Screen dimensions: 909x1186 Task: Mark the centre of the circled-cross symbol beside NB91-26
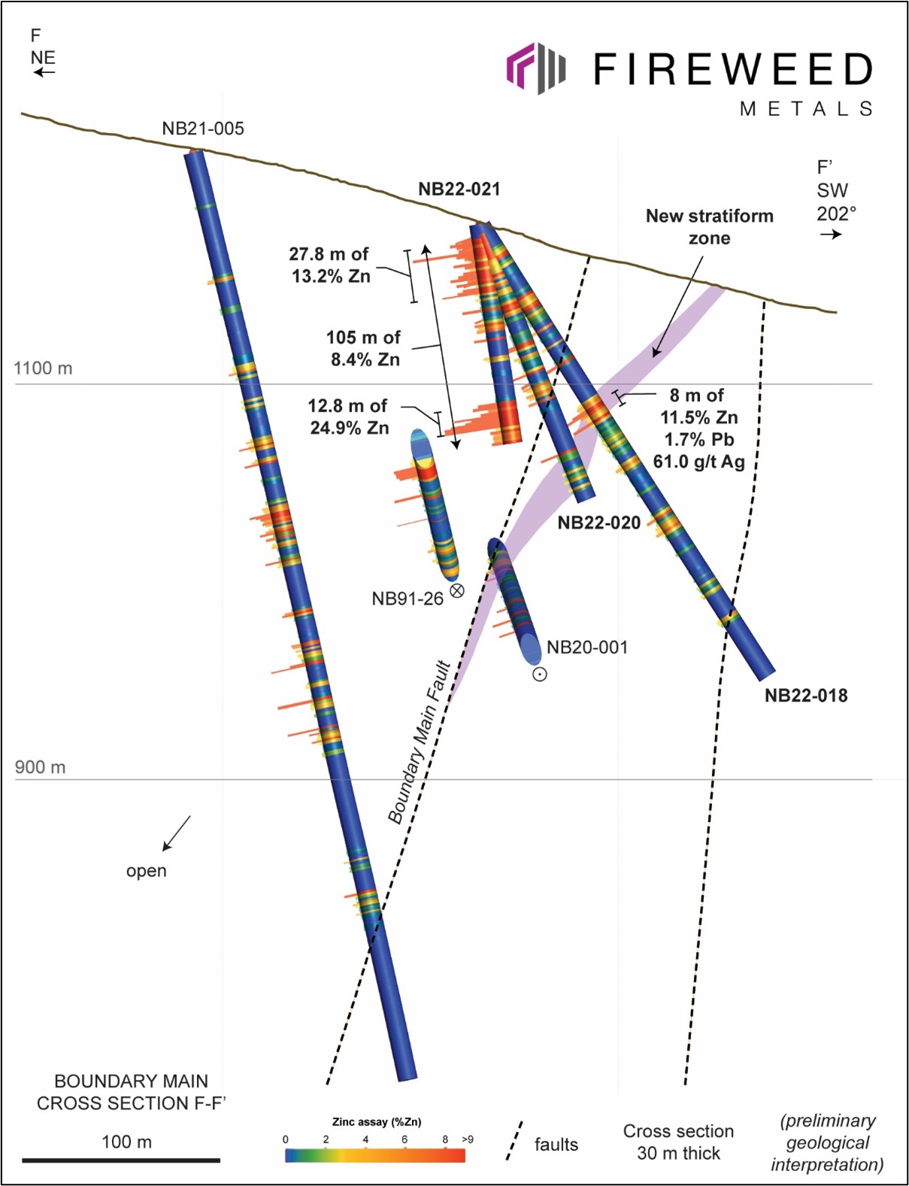pyautogui.click(x=456, y=590)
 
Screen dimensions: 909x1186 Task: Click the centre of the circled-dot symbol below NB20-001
pyautogui.click(x=540, y=675)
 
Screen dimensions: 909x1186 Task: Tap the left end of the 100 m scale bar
pyautogui.click(x=23, y=1160)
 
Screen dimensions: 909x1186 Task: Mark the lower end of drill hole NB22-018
pyautogui.click(x=767, y=675)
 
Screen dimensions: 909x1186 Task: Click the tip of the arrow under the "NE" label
pyautogui.click(x=34, y=72)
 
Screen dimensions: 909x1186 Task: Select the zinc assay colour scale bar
pyautogui.click(x=375, y=1155)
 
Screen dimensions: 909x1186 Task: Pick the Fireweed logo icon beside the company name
pyautogui.click(x=536, y=68)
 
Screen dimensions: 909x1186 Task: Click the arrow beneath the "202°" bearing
pyautogui.click(x=831, y=234)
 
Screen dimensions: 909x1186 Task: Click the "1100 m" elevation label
pyautogui.click(x=43, y=369)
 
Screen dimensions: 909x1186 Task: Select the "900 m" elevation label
pyautogui.click(x=40, y=767)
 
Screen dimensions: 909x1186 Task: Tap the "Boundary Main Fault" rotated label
pyautogui.click(x=419, y=742)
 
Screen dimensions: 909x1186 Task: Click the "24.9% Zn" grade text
pyautogui.click(x=350, y=427)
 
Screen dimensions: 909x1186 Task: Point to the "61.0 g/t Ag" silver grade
pyautogui.click(x=699, y=463)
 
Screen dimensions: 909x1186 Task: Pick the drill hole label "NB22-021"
pyautogui.click(x=459, y=190)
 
